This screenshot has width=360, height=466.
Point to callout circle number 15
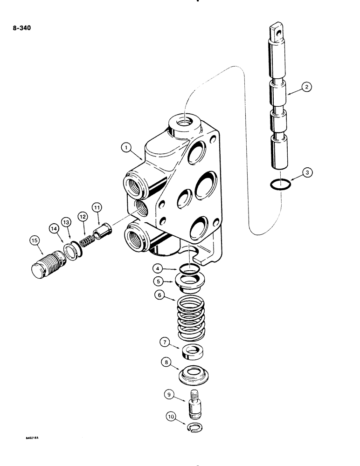coord(35,240)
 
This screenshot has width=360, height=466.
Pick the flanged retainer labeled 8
coord(194,374)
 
